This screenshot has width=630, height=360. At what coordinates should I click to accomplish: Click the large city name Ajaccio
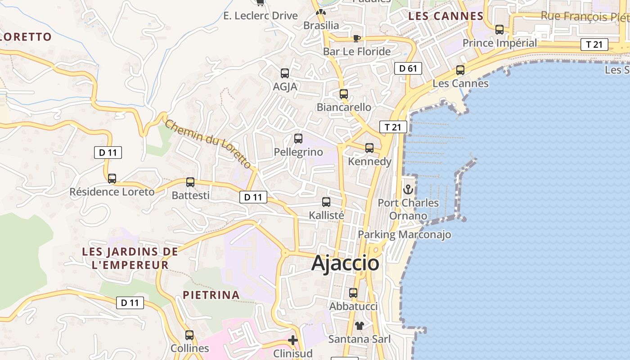pos(345,263)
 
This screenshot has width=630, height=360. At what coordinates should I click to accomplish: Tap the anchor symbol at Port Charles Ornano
pos(408,189)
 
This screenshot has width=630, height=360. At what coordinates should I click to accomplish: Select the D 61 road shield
pos(408,68)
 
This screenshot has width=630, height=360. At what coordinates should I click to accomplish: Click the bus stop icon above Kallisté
pos(326,202)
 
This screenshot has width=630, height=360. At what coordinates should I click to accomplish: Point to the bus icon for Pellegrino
pos(298,139)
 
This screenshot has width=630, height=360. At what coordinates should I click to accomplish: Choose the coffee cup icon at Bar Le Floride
pos(356,38)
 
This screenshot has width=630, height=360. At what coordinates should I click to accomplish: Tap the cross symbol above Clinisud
pos(293,340)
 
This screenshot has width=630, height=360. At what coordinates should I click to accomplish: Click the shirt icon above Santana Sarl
pos(359,325)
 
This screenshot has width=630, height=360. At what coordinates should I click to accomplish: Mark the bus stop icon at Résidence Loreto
pos(112,179)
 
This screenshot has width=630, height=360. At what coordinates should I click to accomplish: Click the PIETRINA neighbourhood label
pos(211,295)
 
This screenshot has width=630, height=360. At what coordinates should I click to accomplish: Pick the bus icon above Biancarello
pos(344,94)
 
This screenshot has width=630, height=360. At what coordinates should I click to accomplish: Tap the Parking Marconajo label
pos(404,234)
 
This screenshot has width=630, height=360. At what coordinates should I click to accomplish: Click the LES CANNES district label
pos(445,16)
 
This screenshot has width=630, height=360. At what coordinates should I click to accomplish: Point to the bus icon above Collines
pos(189,335)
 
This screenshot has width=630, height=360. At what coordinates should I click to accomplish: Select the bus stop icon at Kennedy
pos(369,148)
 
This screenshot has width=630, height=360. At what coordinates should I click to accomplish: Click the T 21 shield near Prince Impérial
pos(594,45)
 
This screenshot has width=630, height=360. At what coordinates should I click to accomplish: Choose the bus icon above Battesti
pos(190,182)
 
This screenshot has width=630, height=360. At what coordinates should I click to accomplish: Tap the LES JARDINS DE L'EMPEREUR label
pos(130,258)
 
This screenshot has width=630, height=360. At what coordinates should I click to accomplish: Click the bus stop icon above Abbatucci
pos(353,293)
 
